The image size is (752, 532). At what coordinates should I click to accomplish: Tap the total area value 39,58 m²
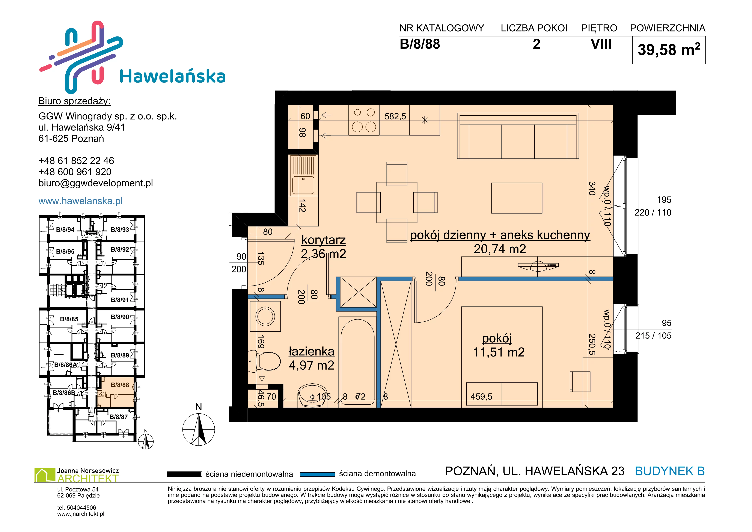click(669, 50)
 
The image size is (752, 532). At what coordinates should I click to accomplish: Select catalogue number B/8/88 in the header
click(420, 44)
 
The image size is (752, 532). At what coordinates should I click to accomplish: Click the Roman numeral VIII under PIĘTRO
click(601, 44)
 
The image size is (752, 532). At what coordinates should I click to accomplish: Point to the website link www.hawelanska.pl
click(81, 201)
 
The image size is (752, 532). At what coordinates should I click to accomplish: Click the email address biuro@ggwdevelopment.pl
click(96, 183)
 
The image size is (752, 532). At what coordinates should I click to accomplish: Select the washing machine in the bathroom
click(265, 316)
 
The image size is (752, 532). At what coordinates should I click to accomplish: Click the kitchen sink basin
click(303, 185)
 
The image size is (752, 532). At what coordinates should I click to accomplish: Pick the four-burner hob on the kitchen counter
click(364, 120)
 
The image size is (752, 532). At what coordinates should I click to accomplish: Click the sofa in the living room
click(518, 136)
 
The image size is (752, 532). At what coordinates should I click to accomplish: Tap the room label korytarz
click(324, 240)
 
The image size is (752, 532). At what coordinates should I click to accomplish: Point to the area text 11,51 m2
click(499, 352)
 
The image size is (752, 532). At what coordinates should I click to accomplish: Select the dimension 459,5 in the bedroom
click(481, 396)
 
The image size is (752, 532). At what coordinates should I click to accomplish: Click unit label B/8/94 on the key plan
click(65, 230)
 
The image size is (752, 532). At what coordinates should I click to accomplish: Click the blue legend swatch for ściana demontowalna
click(317, 474)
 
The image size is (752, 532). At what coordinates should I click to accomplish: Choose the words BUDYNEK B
click(670, 471)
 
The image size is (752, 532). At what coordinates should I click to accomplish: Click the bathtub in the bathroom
click(357, 362)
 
